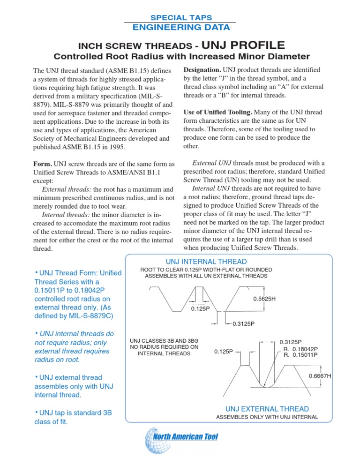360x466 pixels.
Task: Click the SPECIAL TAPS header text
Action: pyautogui.click(x=177, y=17)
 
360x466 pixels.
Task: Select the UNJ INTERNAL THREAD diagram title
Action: pyautogui.click(x=206, y=261)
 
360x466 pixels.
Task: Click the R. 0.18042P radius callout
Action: pyautogui.click(x=301, y=349)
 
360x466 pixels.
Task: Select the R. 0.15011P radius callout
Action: pyautogui.click(x=301, y=355)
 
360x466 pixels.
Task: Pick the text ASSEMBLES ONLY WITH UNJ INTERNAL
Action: pyautogui.click(x=266, y=417)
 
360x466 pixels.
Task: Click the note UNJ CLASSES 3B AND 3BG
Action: pyautogui.click(x=164, y=340)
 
